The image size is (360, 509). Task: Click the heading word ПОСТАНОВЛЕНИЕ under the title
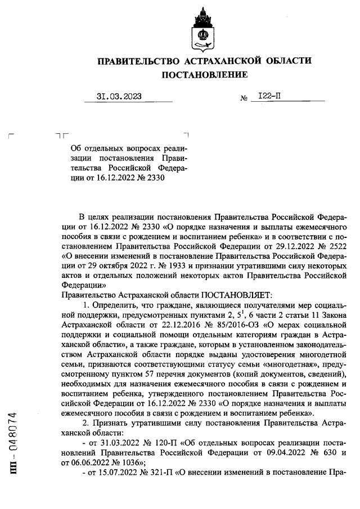205,75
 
